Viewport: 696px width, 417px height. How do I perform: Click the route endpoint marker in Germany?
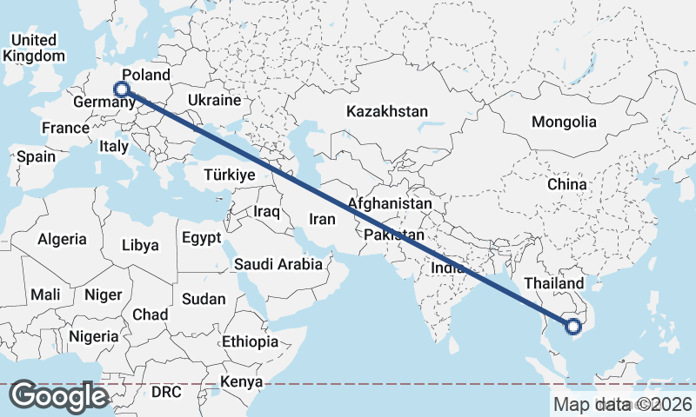click(122, 89)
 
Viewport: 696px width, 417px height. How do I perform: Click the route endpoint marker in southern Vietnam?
click(572, 327)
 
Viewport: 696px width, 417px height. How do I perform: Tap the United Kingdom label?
click(34, 48)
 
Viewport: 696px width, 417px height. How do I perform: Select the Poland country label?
click(146, 75)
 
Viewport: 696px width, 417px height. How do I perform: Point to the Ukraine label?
click(213, 101)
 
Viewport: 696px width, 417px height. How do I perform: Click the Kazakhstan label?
click(387, 111)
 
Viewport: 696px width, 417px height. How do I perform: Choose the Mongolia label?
click(565, 122)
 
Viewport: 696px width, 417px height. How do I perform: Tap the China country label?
click(567, 184)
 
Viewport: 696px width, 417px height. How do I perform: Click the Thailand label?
click(554, 284)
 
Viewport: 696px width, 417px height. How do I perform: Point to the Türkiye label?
click(229, 175)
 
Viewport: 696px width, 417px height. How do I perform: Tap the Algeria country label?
click(62, 239)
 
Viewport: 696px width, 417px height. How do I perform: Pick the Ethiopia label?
click(250, 341)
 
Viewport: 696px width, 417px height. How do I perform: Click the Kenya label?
click(242, 381)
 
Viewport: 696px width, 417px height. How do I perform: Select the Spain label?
click(36, 157)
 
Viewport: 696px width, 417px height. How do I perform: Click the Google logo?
click(58, 396)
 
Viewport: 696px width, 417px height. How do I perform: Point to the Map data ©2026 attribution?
click(622, 404)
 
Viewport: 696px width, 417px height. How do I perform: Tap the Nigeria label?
click(94, 335)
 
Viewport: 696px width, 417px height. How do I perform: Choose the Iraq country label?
click(265, 211)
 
